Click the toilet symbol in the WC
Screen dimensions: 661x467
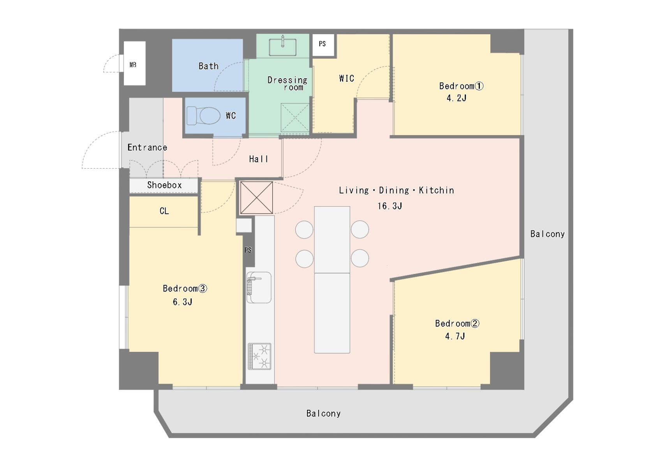click(x=204, y=116)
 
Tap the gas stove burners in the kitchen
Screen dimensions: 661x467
click(x=259, y=356)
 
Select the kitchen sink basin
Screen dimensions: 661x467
click(x=259, y=288)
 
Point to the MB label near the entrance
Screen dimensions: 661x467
click(x=133, y=65)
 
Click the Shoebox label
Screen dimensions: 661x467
click(x=164, y=185)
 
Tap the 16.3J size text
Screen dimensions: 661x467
click(x=390, y=206)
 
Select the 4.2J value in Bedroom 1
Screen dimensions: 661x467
click(x=457, y=98)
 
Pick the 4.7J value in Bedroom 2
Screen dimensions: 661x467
click(x=455, y=336)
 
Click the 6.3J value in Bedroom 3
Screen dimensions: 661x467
click(x=183, y=302)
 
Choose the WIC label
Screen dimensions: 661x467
click(x=346, y=79)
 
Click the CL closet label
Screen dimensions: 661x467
click(x=164, y=211)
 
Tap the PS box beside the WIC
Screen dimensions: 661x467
click(x=323, y=44)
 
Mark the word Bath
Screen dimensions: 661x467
click(x=208, y=66)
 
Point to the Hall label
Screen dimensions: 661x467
click(x=259, y=159)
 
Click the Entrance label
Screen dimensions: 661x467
click(x=147, y=147)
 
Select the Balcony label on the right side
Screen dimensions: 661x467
click(x=547, y=234)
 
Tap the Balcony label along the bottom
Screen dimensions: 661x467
click(x=323, y=414)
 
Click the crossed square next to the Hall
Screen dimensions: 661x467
click(x=256, y=198)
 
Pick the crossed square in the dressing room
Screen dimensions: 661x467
click(x=295, y=118)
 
